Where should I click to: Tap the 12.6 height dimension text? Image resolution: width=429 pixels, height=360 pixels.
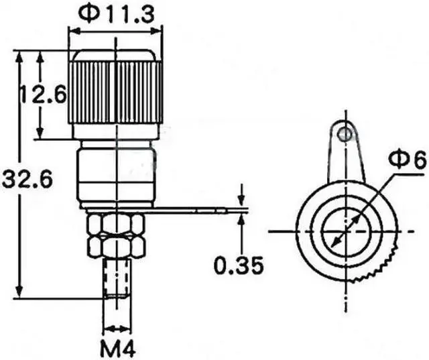coord(43,95)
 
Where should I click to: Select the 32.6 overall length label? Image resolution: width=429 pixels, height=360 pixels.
coord(27,180)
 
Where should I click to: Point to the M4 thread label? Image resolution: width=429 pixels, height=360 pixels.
coord(118,348)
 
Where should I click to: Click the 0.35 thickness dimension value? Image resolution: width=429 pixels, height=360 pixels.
coord(239,265)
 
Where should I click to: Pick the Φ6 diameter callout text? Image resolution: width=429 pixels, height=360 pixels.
coord(408,160)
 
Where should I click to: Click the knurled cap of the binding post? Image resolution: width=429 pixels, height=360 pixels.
coord(115,93)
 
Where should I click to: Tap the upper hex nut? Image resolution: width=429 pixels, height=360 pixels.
coord(116,223)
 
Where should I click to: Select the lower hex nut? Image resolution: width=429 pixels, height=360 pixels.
coord(116,247)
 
